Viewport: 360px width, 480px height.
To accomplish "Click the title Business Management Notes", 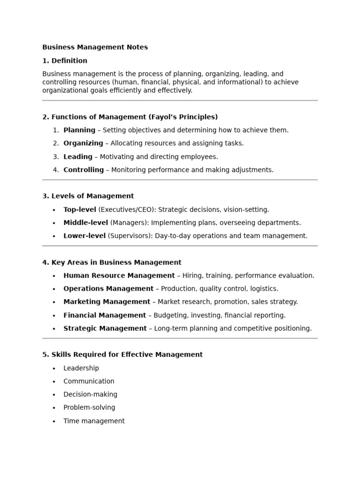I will tap(95, 47).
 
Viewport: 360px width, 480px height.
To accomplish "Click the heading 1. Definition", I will tap(65, 61).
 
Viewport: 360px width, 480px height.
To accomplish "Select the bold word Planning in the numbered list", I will tap(79, 130).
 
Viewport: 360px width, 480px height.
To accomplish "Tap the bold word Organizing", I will tap(83, 143).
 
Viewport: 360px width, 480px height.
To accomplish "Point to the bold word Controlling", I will tap(83, 170).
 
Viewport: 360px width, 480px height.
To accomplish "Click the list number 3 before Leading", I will tap(55, 157).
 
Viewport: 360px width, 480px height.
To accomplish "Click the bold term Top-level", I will tap(80, 210).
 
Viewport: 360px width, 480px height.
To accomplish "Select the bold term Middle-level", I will tap(85, 223).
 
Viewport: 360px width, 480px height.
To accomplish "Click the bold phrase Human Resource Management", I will tap(119, 276).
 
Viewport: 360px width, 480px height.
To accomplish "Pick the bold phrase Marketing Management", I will tap(107, 302).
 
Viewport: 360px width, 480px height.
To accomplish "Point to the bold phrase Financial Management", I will tap(105, 315).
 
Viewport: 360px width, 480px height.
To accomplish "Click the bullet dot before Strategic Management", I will tap(54, 329).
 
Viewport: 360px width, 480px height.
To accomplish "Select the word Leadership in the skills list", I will tap(81, 368).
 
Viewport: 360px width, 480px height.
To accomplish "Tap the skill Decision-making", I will tap(90, 395).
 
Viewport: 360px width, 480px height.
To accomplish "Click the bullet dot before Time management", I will tap(54, 421).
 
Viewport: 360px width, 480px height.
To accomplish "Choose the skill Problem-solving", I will tap(89, 408).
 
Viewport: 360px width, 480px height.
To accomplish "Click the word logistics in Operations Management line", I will tap(264, 289).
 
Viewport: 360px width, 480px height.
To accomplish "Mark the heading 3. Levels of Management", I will tap(88, 196).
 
